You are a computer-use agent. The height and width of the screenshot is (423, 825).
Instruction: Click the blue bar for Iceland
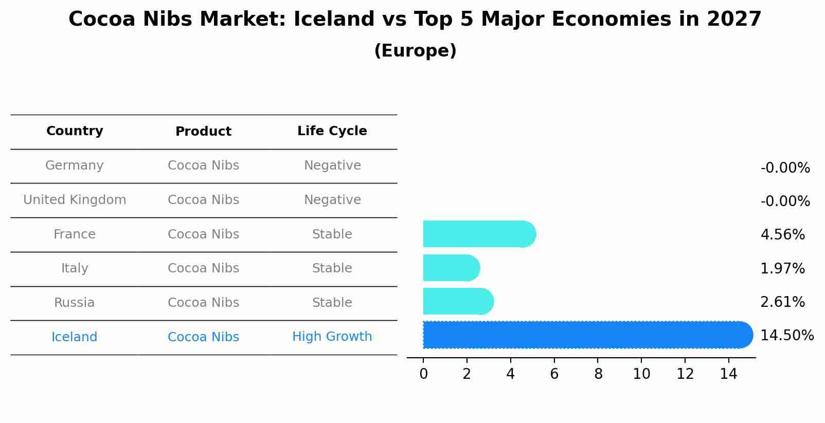pyautogui.click(x=586, y=335)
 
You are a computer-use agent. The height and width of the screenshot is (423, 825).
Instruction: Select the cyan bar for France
pyautogui.click(x=478, y=234)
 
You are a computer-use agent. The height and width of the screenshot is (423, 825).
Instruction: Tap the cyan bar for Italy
pyautogui.click(x=451, y=268)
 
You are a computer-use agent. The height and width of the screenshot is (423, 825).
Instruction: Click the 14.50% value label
pyautogui.click(x=787, y=336)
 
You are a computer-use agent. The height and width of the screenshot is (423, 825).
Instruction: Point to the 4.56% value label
pyautogui.click(x=782, y=235)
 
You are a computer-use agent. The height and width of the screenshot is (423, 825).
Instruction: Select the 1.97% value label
pyautogui.click(x=782, y=269)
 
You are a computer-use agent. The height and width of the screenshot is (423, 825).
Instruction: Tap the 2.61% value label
pyautogui.click(x=782, y=302)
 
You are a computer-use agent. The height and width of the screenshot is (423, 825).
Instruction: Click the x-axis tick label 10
pyautogui.click(x=641, y=374)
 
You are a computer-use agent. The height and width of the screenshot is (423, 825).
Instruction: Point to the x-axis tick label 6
pyautogui.click(x=554, y=374)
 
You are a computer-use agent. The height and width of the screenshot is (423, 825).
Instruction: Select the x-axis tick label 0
pyautogui.click(x=423, y=374)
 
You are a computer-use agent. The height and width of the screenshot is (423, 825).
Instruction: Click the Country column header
pyautogui.click(x=75, y=131)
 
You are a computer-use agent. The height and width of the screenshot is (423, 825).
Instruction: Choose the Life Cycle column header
pyautogui.click(x=332, y=131)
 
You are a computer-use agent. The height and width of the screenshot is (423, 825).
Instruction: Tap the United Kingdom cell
pyautogui.click(x=75, y=200)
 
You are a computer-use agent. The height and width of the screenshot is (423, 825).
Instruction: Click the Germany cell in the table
pyautogui.click(x=75, y=165)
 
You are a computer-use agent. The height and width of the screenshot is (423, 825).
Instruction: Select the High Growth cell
pyautogui.click(x=332, y=337)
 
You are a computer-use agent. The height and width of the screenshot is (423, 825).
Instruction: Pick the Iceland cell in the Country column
pyautogui.click(x=75, y=337)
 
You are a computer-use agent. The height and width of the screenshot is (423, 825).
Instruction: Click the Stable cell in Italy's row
pyautogui.click(x=332, y=268)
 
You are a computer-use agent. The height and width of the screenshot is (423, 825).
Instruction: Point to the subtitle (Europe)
pyautogui.click(x=415, y=51)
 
